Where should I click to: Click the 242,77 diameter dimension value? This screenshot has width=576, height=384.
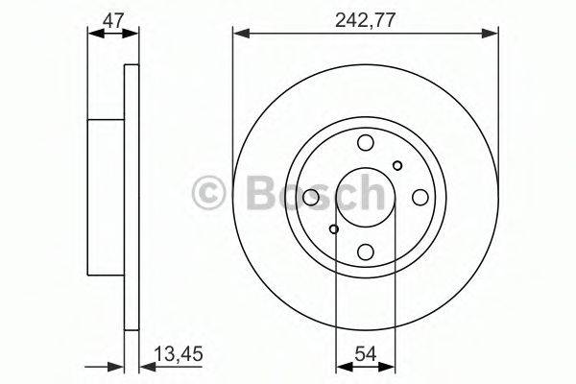coord(365,19)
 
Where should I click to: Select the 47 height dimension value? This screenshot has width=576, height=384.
coord(112,20)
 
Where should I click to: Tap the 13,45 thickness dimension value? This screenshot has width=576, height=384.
coord(179,354)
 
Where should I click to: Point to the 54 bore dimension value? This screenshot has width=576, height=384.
coord(365,354)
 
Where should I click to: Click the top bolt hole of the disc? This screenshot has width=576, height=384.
coord(366,143)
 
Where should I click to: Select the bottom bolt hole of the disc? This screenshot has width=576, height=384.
coord(366,252)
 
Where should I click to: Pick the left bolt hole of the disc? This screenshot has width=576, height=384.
coord(311,198)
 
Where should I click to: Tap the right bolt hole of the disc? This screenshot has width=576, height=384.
coord(420,198)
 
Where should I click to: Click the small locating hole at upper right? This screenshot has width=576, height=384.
coord(397,165)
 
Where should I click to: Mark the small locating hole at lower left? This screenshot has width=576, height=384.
coord(333,229)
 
